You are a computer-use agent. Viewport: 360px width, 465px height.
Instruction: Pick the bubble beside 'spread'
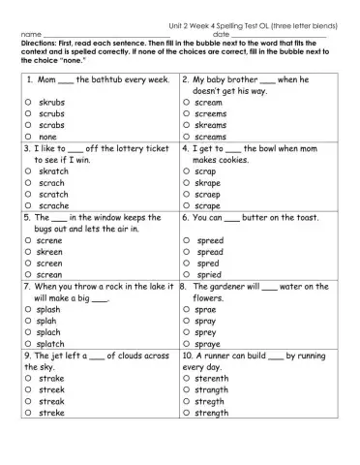[x=187, y=251]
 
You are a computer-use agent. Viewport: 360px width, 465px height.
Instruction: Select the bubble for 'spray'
[x=187, y=321]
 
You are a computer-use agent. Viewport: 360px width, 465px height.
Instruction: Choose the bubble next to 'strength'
[x=187, y=414]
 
